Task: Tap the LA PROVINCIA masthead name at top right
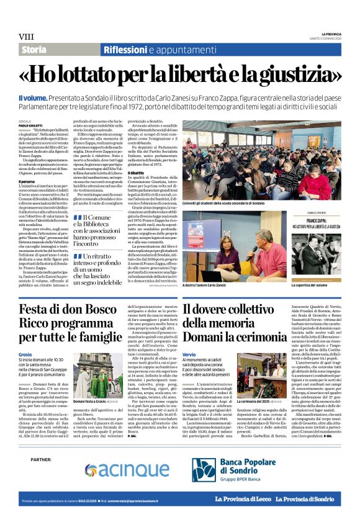tap(330, 34)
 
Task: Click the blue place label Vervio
tap(189, 353)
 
